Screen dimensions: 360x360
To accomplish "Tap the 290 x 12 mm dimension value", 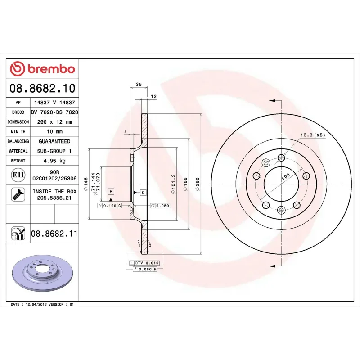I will pos(54,122).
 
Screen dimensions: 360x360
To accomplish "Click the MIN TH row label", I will pos(18,132).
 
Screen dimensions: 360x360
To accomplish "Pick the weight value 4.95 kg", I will pos(54,161).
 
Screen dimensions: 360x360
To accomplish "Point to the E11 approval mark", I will pos(18,175).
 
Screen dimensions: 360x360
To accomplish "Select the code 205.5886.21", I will pos(54,198).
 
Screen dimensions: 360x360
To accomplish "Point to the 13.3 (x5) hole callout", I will pos(313,135).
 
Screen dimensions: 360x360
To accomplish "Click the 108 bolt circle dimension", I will pos(285,178).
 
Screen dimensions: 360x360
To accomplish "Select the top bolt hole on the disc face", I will pos(281,157).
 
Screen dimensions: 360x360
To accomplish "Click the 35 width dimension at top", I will pos(139,84).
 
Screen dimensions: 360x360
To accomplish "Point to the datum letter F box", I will pos(110,192).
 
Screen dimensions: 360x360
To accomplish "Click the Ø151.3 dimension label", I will pos(173,184).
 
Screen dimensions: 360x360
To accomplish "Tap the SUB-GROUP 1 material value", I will pos(54,151).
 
